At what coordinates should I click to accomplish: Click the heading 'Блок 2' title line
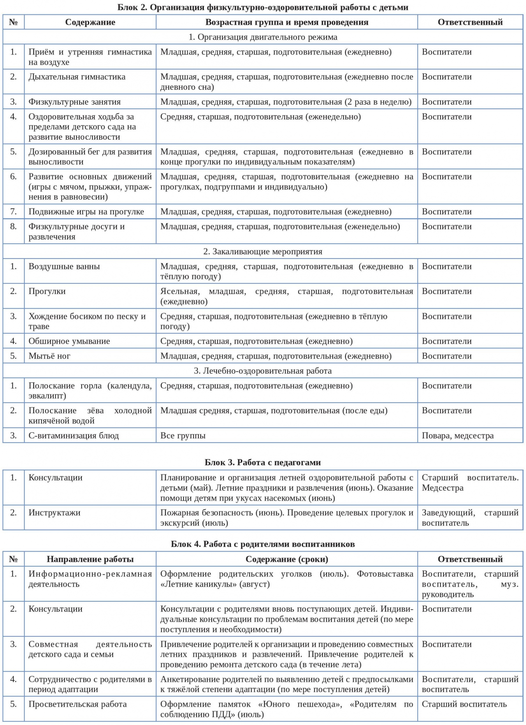[x=263, y=7]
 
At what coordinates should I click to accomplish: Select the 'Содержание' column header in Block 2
[x=90, y=22]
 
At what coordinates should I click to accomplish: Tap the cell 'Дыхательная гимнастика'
[x=77, y=77]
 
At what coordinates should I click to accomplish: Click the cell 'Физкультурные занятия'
[x=75, y=102]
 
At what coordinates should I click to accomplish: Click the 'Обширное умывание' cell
[x=69, y=341]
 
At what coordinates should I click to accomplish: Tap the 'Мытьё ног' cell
[x=49, y=356]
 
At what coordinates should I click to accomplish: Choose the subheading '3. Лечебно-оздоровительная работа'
[x=263, y=371]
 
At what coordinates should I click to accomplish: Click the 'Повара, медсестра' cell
[x=458, y=435]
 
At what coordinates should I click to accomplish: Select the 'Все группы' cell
[x=183, y=435]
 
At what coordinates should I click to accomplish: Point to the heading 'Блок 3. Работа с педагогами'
[x=263, y=463]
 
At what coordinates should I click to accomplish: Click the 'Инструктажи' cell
[x=54, y=513]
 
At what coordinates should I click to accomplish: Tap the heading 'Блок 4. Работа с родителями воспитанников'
[x=263, y=544]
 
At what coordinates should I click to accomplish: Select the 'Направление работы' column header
[x=90, y=559]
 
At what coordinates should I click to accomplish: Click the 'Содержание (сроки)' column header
[x=287, y=559]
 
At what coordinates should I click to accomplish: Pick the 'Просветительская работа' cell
[x=77, y=704]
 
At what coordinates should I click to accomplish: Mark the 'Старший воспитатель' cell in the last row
[x=464, y=704]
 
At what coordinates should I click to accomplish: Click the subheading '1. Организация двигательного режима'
[x=263, y=37]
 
